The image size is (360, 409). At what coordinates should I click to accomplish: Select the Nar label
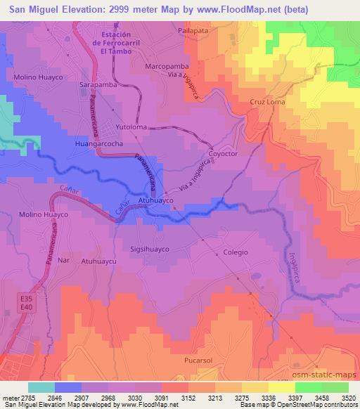pos(63,260)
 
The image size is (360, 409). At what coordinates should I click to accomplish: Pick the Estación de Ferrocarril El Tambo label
pos(116,42)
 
